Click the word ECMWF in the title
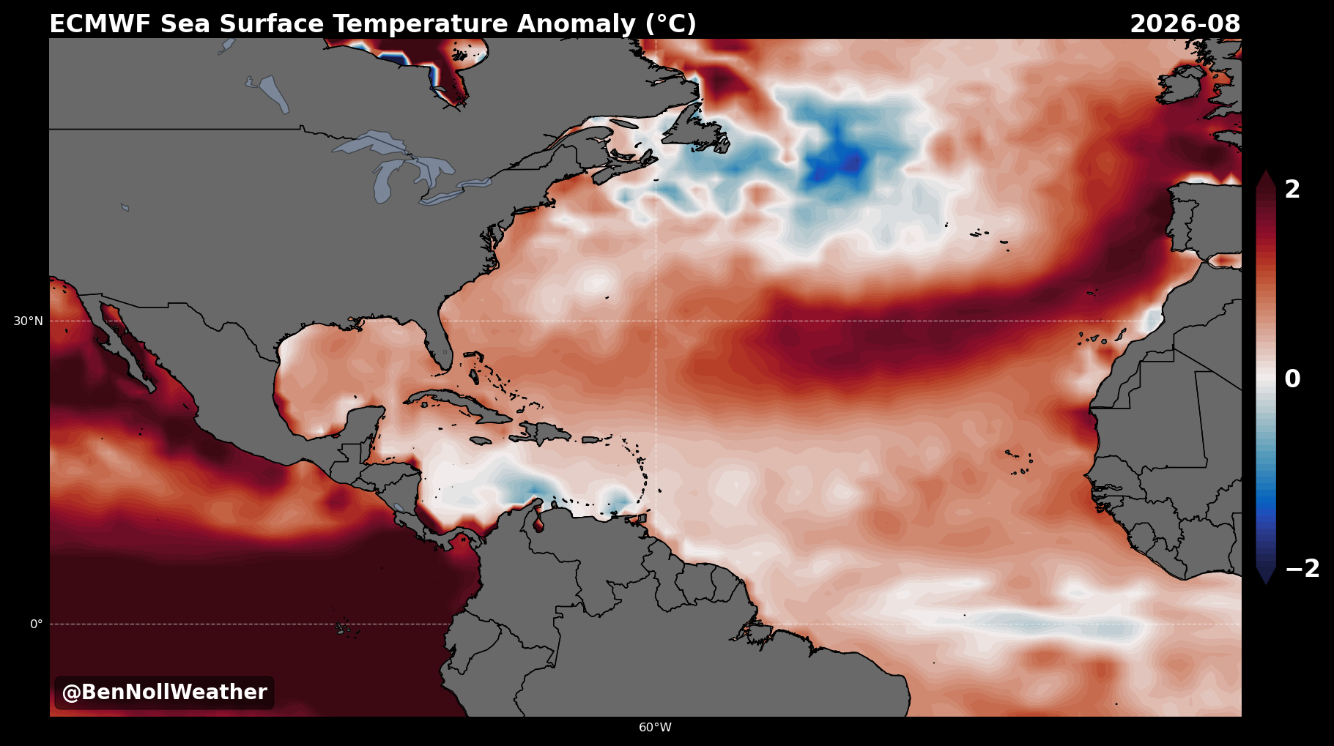(x=101, y=24)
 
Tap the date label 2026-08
(x=1185, y=24)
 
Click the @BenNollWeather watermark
(x=164, y=693)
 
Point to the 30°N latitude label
(x=28, y=321)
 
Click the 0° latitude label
(x=36, y=624)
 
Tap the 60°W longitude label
(x=655, y=727)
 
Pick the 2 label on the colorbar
(x=1292, y=190)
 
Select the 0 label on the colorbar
(x=1292, y=379)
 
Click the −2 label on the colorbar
(x=1302, y=569)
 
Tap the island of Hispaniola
(x=540, y=433)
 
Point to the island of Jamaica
(x=481, y=441)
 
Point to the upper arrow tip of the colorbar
(x=1266, y=171)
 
